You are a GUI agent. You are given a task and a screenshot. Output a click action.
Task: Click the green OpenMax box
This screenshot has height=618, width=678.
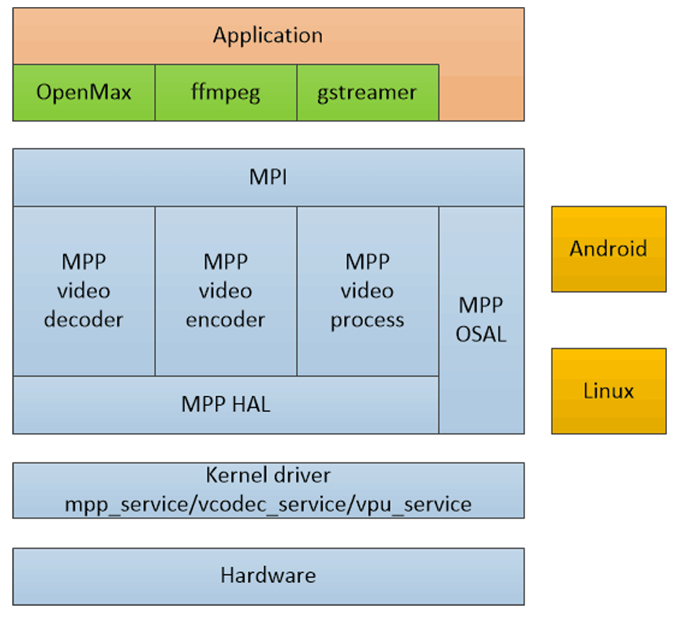tap(84, 93)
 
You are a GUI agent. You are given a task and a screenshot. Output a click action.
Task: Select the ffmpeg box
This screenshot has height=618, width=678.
tap(226, 93)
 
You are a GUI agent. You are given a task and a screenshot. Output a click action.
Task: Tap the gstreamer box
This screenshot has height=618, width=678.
tap(367, 93)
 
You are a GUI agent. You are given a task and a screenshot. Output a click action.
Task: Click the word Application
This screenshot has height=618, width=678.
tap(268, 35)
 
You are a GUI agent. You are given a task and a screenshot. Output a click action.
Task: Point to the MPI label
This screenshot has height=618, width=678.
tap(268, 178)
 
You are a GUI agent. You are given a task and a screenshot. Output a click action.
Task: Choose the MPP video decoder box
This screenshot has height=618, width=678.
tap(84, 291)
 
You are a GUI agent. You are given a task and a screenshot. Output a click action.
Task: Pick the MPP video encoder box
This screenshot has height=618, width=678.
tap(226, 291)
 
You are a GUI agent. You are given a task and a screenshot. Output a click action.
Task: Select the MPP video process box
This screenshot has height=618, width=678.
tap(367, 291)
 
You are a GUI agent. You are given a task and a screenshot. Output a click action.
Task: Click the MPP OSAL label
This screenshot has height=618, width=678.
tap(481, 320)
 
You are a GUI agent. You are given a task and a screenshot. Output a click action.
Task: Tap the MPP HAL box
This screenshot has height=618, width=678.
tap(226, 404)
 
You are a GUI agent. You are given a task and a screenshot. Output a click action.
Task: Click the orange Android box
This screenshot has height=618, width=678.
tap(608, 249)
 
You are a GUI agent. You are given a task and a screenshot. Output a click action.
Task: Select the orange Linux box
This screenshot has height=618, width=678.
tap(608, 391)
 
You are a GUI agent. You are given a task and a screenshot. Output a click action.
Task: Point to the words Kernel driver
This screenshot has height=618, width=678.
tap(268, 475)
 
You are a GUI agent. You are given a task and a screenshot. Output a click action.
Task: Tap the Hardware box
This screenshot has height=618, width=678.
tap(268, 576)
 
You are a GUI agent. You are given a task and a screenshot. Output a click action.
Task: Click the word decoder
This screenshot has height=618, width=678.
tap(84, 320)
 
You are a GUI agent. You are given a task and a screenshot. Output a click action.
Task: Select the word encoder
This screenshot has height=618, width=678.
tap(226, 320)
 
